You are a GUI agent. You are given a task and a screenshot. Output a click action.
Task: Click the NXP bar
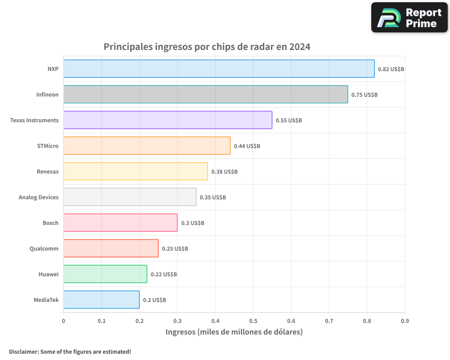tap(219, 69)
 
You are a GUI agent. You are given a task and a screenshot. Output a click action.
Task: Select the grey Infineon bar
tap(206, 94)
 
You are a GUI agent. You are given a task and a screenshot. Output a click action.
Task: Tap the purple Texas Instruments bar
tap(167, 120)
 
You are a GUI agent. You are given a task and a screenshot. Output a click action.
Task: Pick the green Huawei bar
tap(105, 274)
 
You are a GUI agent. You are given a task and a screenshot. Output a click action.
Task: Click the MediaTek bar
tap(101, 300)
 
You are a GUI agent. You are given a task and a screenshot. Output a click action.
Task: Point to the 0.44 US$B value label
tap(247, 146)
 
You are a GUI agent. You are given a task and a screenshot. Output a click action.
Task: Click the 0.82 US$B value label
tap(391, 69)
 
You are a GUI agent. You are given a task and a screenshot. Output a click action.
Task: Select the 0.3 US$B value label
tap(193, 223)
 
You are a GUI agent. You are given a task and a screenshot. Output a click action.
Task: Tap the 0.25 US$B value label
tap(175, 249)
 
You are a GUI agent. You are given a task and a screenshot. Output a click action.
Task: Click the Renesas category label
tap(48, 171)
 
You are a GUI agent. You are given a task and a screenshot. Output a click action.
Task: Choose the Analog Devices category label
tap(39, 197)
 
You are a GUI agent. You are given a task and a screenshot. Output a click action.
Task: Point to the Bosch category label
tap(50, 223)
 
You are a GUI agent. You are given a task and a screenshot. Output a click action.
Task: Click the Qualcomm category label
tap(44, 248)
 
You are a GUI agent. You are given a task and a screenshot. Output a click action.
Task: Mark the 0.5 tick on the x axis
tap(253, 321)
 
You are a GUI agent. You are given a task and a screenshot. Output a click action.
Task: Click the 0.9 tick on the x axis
tap(405, 321)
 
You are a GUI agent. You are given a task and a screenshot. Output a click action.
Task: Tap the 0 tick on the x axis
tap(63, 321)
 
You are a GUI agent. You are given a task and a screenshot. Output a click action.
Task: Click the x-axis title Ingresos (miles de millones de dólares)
tap(234, 332)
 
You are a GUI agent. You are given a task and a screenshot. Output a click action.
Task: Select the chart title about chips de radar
tap(207, 46)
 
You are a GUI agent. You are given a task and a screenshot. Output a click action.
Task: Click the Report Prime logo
tap(409, 18)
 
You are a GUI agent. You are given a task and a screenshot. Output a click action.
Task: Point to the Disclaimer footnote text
tap(70, 351)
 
